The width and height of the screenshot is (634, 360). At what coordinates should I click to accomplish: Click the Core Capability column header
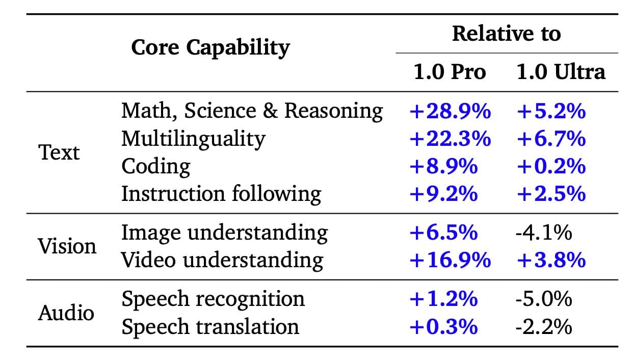point(210,48)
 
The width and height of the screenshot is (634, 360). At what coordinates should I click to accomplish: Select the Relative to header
point(506,34)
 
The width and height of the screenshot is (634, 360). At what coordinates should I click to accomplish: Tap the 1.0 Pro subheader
point(449,72)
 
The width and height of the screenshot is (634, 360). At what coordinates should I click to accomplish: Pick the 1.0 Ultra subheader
point(561,72)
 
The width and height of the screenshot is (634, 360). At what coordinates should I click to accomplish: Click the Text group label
point(59,152)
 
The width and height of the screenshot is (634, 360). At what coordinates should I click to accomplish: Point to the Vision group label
point(67,246)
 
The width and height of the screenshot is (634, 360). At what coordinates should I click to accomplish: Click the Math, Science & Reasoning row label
point(252,111)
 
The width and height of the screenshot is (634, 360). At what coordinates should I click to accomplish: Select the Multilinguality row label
point(193,139)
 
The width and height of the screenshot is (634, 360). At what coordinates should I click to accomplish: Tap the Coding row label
point(155,166)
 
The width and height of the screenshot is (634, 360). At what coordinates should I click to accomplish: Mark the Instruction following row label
point(221,194)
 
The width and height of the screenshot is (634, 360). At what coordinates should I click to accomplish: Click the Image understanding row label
point(224,233)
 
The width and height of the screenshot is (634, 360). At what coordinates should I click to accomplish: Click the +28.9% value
point(450,111)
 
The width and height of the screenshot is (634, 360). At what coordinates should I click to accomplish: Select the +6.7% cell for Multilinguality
point(550,139)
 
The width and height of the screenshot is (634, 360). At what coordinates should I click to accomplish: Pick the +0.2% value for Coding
point(550,166)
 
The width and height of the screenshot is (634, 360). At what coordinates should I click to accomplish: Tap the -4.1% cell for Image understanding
point(543,233)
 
